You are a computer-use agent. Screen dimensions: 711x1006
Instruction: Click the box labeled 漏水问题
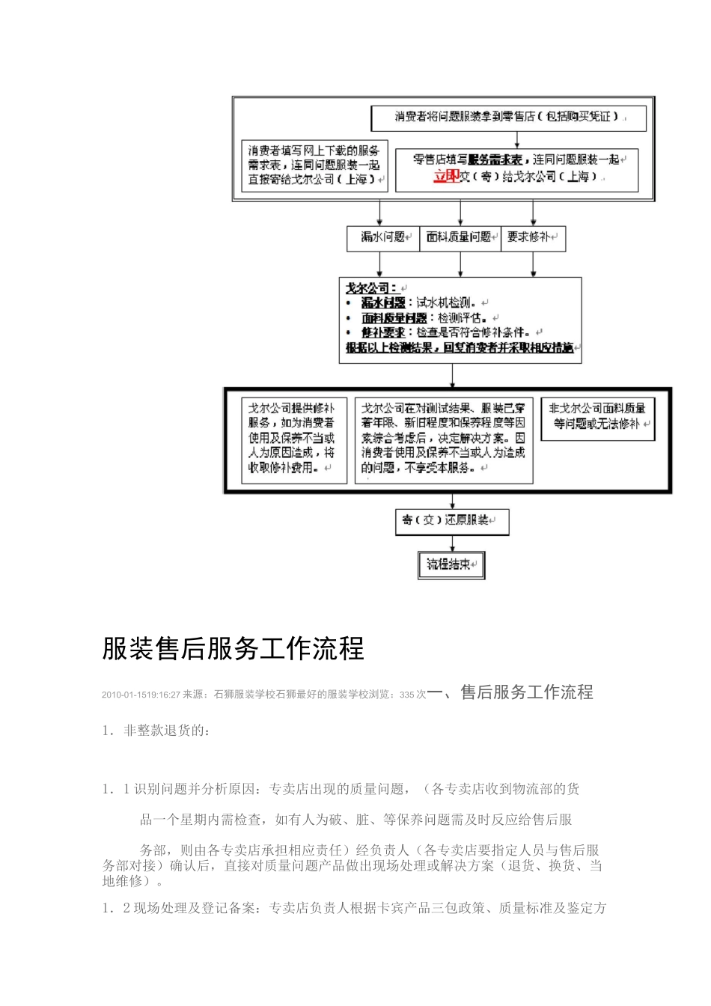[x=382, y=238]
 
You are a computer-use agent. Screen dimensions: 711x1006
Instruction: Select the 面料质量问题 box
[x=459, y=238]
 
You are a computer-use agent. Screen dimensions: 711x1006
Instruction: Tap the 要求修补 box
[x=531, y=238]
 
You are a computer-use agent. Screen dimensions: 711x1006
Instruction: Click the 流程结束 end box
[x=451, y=565]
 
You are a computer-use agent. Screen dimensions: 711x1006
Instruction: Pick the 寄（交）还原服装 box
[x=451, y=520]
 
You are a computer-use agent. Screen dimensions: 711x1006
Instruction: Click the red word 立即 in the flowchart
[x=446, y=177]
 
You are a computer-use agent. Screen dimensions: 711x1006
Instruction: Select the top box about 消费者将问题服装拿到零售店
[x=509, y=118]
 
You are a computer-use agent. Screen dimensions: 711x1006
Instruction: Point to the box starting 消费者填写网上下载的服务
[x=314, y=165]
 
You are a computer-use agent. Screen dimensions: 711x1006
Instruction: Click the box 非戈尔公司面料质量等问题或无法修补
[x=597, y=417]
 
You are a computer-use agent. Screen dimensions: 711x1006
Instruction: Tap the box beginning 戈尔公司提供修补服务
[x=291, y=439]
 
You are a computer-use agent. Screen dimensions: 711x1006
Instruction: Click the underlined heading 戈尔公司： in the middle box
[x=372, y=287]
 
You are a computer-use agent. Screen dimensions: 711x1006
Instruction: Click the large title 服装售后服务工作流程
[x=233, y=649]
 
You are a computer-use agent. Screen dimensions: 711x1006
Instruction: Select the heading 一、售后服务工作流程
[x=510, y=692]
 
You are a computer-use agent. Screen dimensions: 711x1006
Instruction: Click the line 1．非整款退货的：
[x=156, y=731]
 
